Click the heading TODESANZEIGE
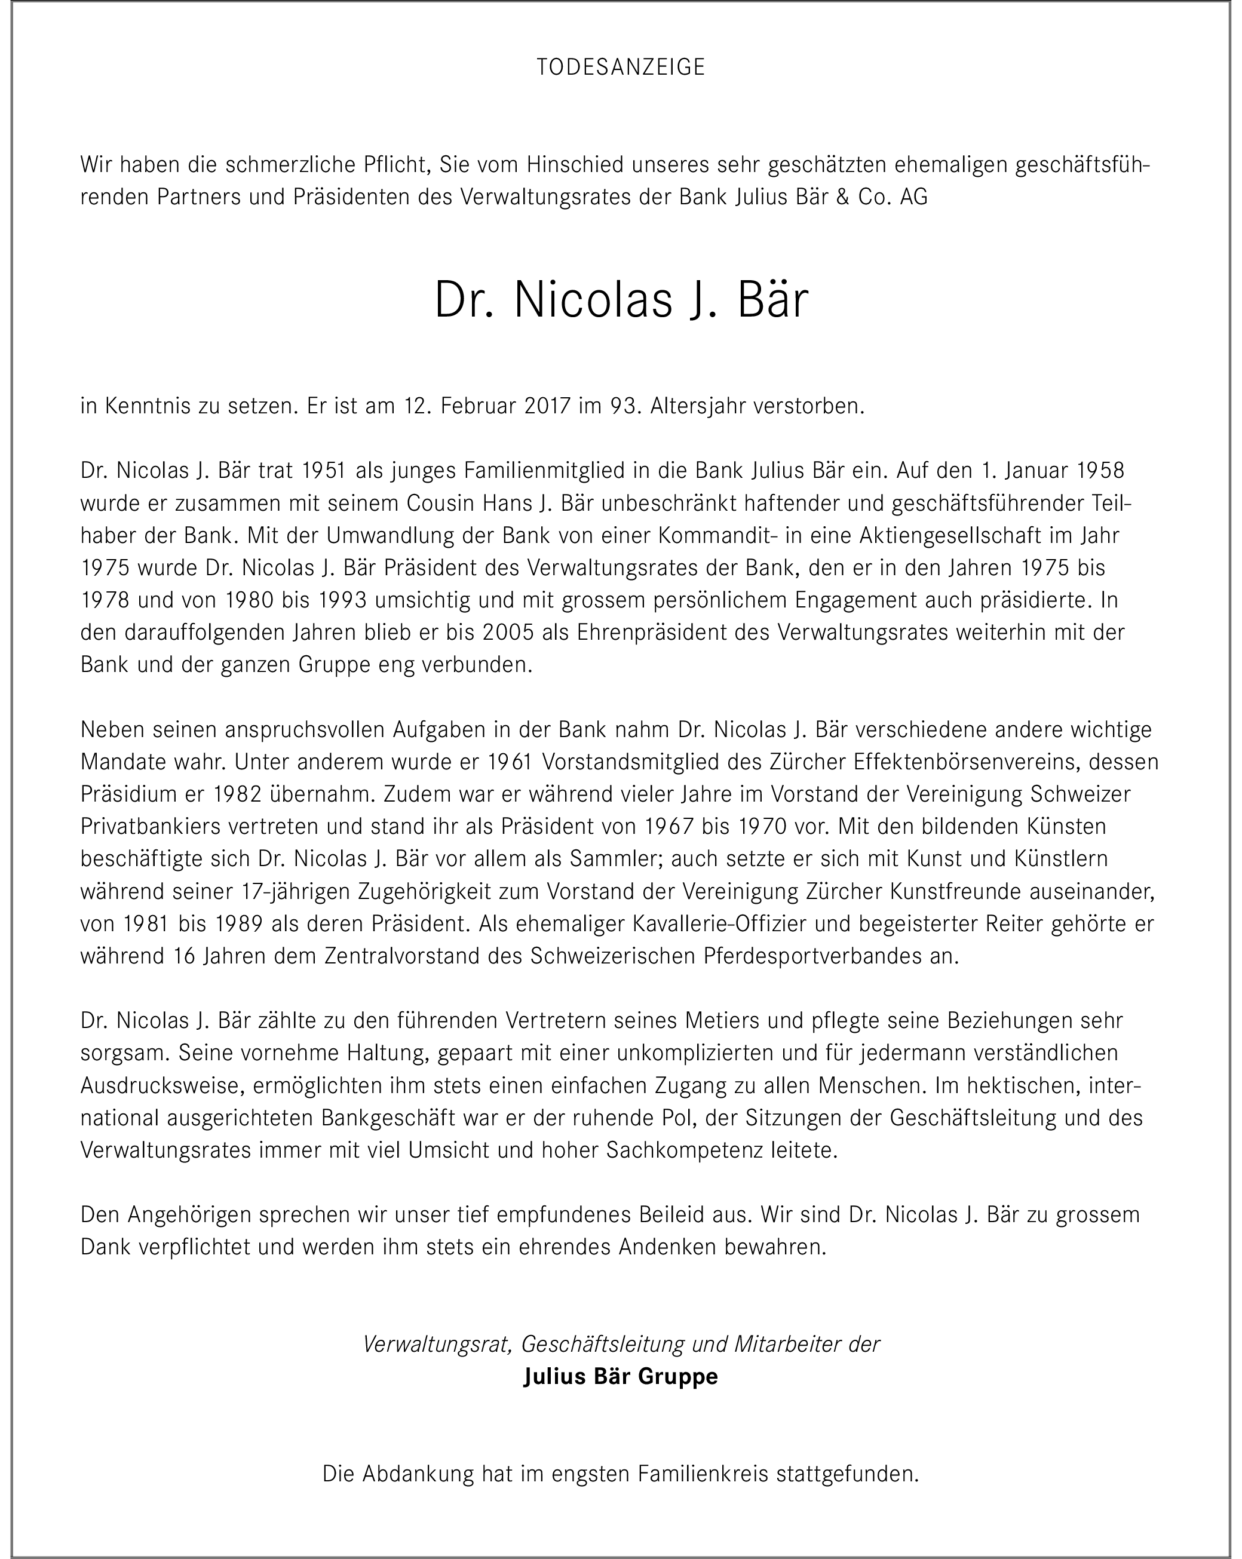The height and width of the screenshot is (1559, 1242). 621,67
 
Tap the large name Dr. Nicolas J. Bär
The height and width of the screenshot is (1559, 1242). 621,300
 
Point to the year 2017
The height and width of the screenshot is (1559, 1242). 539,406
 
